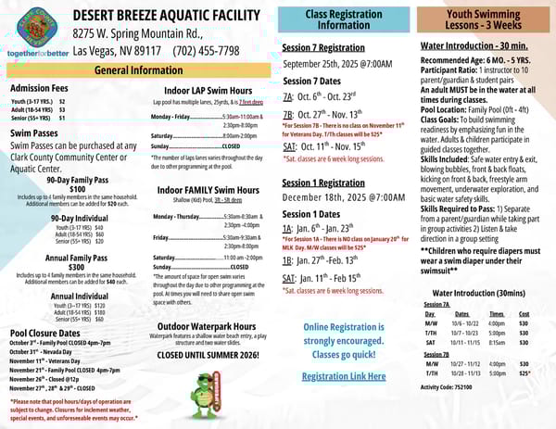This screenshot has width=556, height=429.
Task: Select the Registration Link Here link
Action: [x=343, y=376]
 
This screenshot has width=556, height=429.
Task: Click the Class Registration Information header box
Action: [x=343, y=20]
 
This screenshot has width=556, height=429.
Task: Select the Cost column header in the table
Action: [x=524, y=314]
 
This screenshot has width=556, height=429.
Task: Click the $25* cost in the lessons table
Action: [x=524, y=373]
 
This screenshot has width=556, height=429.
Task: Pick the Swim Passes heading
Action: [x=36, y=133]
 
